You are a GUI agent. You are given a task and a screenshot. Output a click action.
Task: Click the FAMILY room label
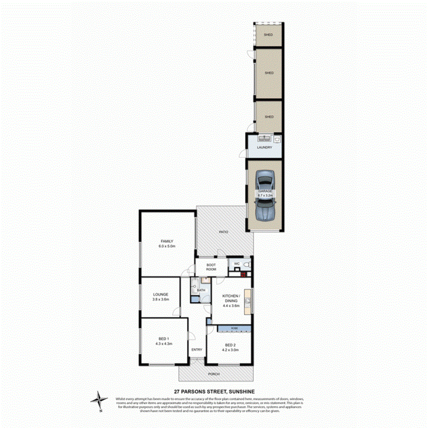pyautogui.click(x=166, y=241)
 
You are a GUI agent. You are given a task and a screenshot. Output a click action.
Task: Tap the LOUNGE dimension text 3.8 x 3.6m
pyautogui.click(x=161, y=299)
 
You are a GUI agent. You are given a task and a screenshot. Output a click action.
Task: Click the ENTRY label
pyautogui.click(x=197, y=350)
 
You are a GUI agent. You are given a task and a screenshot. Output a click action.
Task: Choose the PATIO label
pyautogui.click(x=223, y=232)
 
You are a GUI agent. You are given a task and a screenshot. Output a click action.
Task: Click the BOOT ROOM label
pyautogui.click(x=211, y=267)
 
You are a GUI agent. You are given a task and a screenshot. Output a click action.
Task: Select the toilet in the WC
pyautogui.click(x=247, y=265)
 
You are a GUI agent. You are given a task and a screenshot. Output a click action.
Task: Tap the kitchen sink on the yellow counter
pyautogui.click(x=248, y=301)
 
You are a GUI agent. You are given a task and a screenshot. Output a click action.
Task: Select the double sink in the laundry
pyautogui.click(x=265, y=139)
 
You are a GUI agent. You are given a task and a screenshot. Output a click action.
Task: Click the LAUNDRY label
pyautogui.click(x=265, y=147)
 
